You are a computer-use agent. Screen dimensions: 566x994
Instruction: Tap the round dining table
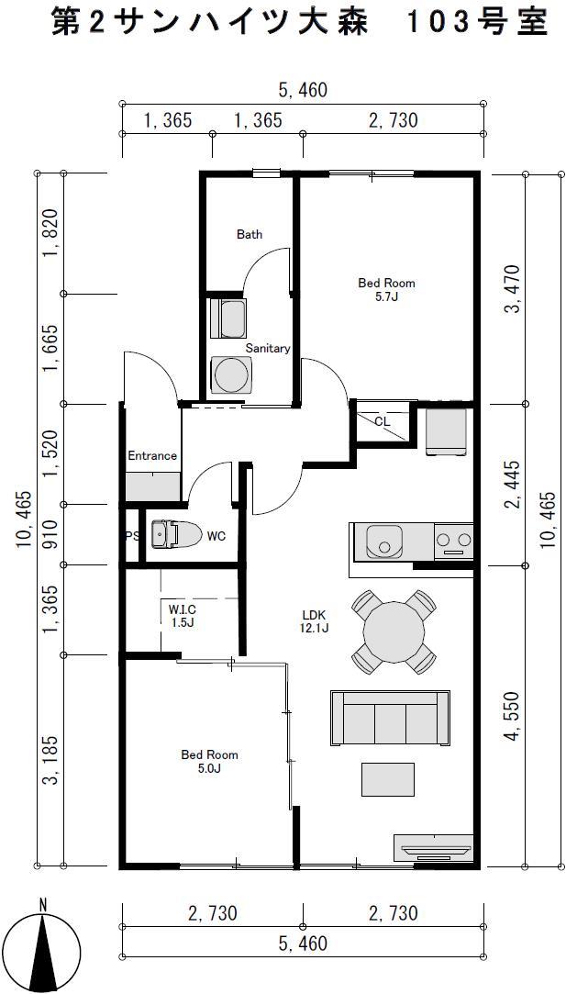[394, 631]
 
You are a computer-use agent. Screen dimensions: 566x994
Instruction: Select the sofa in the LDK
[391, 718]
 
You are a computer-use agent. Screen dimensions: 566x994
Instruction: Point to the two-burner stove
[454, 541]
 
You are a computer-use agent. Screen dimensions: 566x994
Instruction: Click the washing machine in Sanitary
[230, 376]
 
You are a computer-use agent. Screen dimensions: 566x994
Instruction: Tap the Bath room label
[250, 235]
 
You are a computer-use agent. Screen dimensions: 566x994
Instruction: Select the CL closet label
[383, 421]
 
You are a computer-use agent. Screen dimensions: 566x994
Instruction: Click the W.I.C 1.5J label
[183, 616]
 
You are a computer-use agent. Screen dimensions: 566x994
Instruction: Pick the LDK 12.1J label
[315, 621]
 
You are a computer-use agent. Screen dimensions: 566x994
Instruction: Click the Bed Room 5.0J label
[210, 761]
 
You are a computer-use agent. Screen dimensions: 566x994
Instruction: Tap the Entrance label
[152, 456]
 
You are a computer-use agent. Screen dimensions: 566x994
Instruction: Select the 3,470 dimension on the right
[512, 288]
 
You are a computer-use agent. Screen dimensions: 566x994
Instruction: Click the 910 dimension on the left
[50, 534]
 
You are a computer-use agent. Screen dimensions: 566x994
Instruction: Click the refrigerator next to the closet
[447, 432]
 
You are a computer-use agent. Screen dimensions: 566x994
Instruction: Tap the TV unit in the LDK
[434, 848]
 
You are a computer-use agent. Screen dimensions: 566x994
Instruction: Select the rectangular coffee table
[388, 779]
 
